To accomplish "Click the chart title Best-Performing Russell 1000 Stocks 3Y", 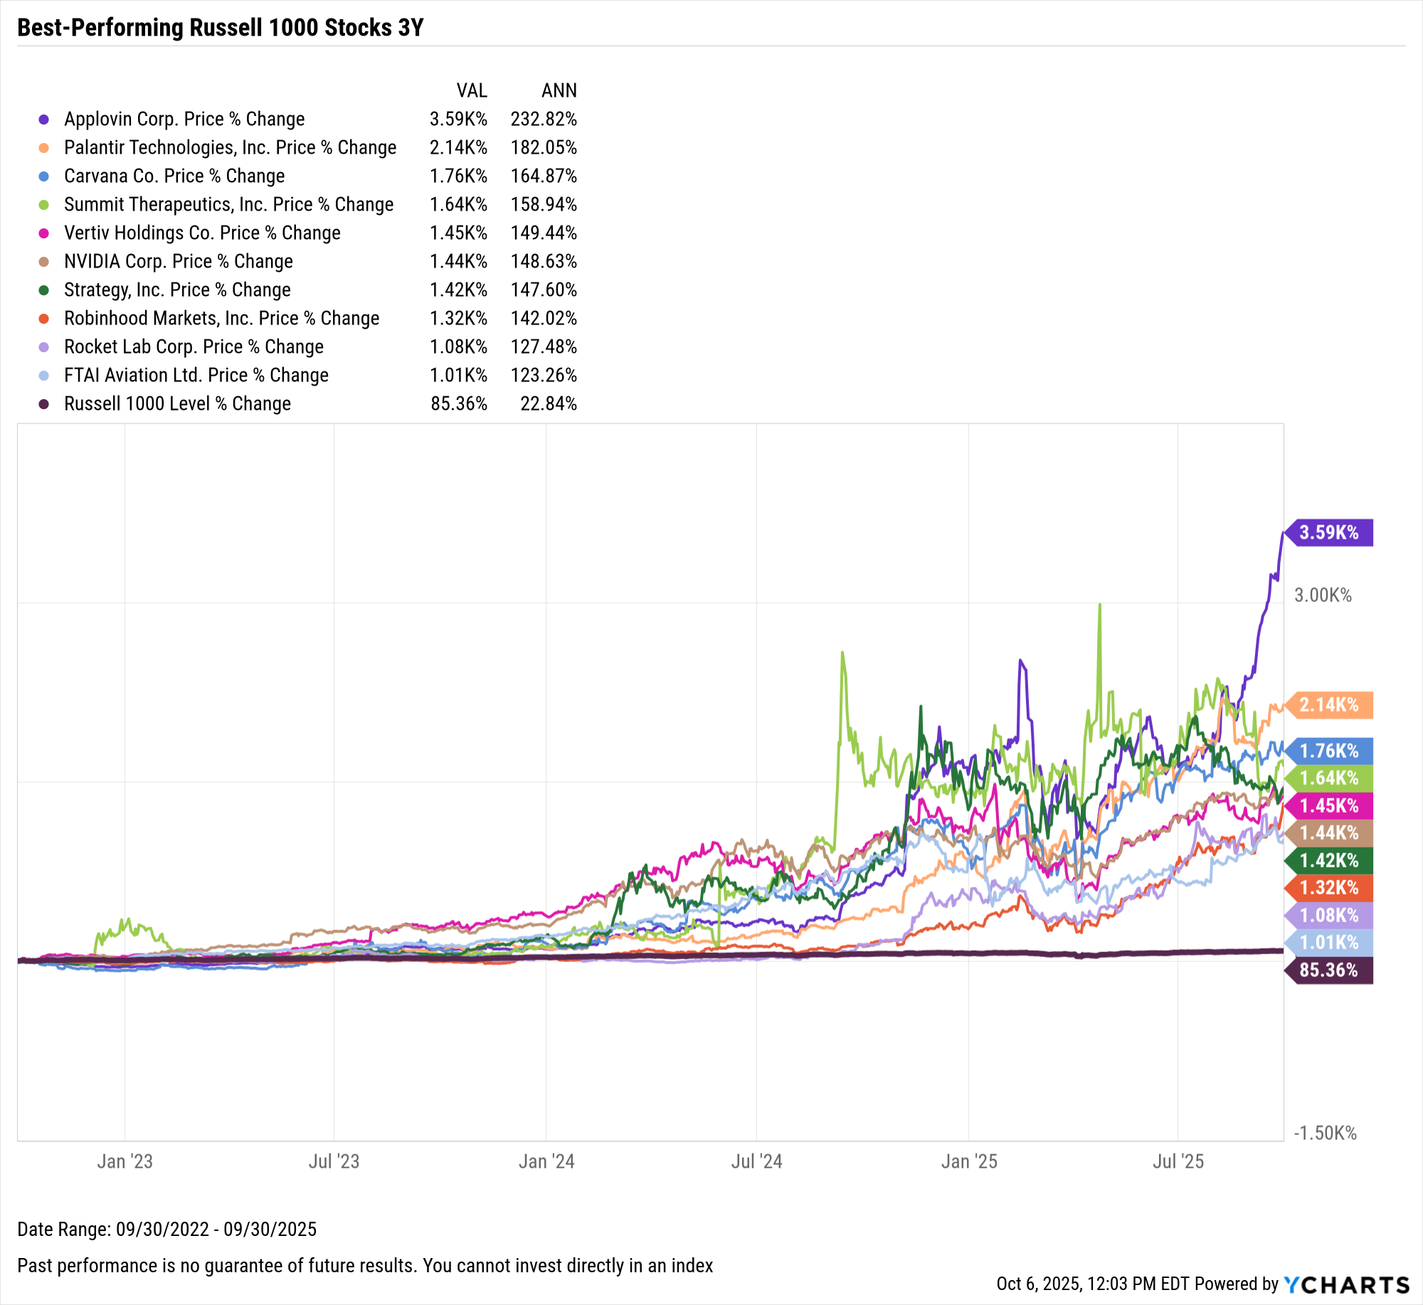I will pyautogui.click(x=220, y=28).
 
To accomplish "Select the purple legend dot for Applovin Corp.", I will pyautogui.click(x=44, y=120).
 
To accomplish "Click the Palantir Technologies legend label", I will pyautogui.click(x=230, y=147).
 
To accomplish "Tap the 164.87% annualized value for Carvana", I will pyautogui.click(x=543, y=176).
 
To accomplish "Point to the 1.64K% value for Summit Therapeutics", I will pyautogui.click(x=458, y=204).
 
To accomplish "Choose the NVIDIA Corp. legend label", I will pyautogui.click(x=178, y=261).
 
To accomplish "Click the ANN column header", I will pyautogui.click(x=559, y=90).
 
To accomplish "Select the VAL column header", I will pyautogui.click(x=472, y=90).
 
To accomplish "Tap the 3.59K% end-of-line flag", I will pyautogui.click(x=1328, y=532).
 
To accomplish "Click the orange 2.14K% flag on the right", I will pyautogui.click(x=1328, y=704).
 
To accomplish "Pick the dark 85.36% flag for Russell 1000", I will pyautogui.click(x=1328, y=970).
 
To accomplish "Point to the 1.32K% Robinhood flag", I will pyautogui.click(x=1328, y=887).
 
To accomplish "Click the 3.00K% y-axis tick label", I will pyautogui.click(x=1322, y=595).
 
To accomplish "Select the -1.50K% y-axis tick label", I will pyautogui.click(x=1324, y=1133).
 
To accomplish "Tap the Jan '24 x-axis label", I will pyautogui.click(x=546, y=1161).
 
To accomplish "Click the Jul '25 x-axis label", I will pyautogui.click(x=1178, y=1161).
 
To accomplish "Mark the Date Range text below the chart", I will pyautogui.click(x=166, y=1229).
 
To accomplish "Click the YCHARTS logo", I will pyautogui.click(x=1346, y=1284).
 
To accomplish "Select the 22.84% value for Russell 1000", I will pyautogui.click(x=548, y=403).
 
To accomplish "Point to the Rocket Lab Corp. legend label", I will pyautogui.click(x=194, y=347).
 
